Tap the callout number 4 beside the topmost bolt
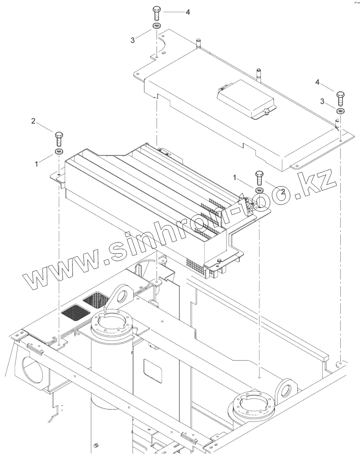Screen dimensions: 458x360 (188, 12)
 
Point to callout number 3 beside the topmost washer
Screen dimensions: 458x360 (132, 40)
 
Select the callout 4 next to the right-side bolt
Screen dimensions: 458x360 (317, 82)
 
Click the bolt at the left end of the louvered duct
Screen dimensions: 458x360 (59, 138)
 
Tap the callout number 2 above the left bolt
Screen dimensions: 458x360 (34, 121)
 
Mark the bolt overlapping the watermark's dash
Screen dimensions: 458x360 (259, 177)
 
